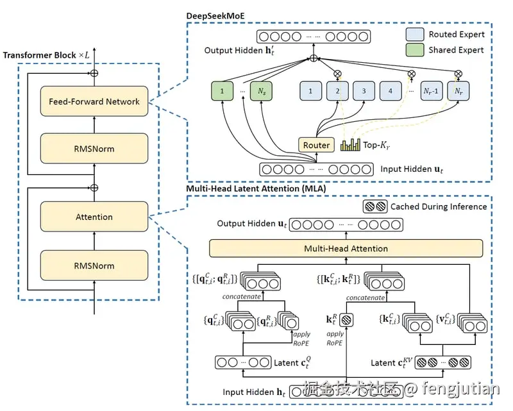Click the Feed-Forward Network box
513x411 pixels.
point(94,101)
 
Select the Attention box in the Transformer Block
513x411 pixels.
point(94,217)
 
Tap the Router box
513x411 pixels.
point(316,145)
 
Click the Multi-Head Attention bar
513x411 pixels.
point(346,248)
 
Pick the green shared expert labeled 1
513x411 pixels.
point(222,92)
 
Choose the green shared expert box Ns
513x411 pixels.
point(262,92)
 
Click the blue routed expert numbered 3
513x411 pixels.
point(364,92)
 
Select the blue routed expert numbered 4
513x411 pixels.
point(390,92)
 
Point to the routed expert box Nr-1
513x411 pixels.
point(432,92)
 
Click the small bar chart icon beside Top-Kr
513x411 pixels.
point(351,145)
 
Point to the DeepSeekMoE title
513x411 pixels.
point(216,13)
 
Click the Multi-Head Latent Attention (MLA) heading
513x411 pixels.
point(255,189)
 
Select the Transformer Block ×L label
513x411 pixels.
point(48,55)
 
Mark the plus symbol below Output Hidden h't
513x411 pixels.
point(314,59)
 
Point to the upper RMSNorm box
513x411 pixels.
point(94,149)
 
